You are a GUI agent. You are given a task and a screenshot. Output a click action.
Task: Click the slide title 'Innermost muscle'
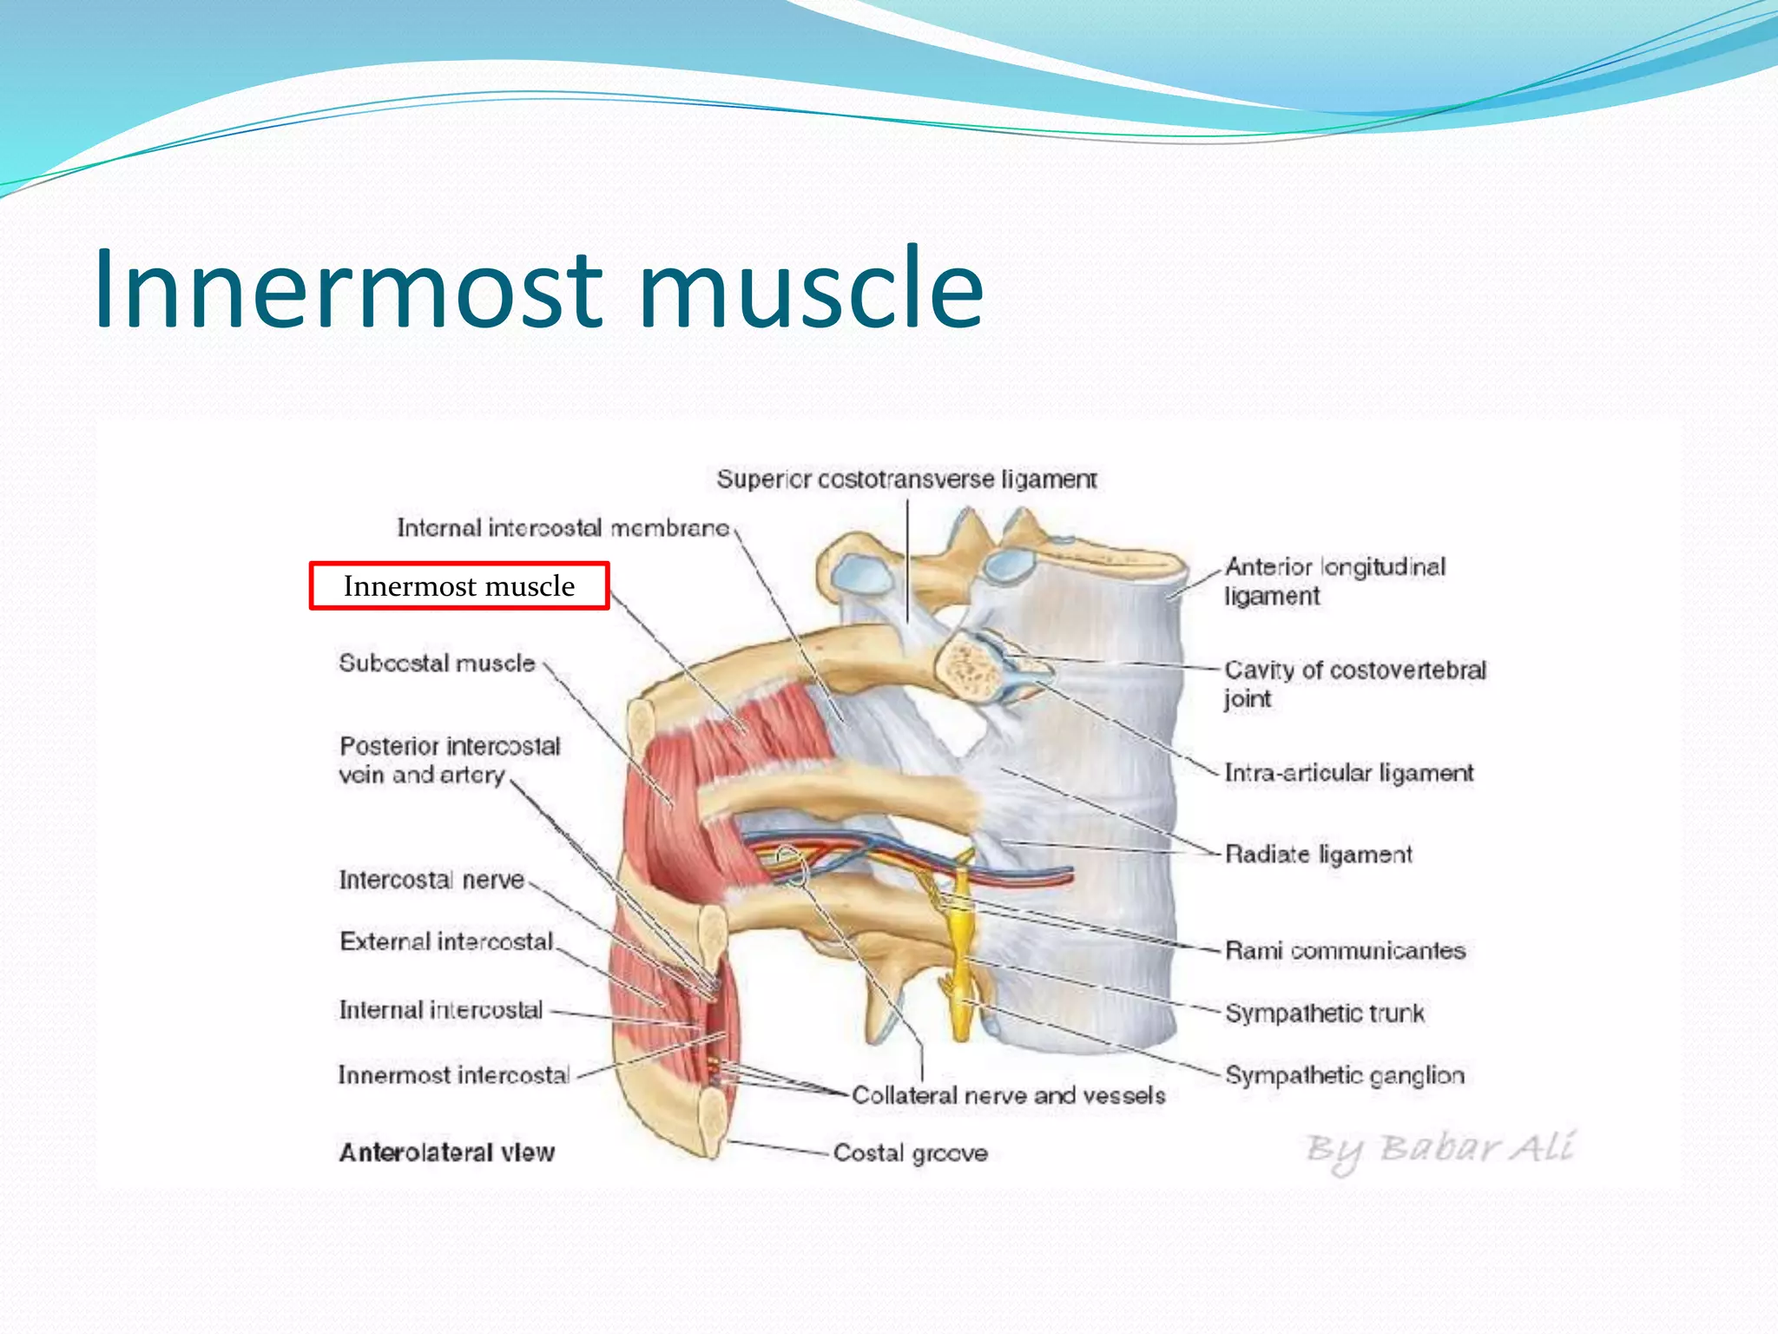click(x=538, y=289)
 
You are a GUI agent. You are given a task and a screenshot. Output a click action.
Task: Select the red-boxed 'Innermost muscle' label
click(x=459, y=586)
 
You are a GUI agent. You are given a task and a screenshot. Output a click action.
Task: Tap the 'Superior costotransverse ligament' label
click(x=906, y=479)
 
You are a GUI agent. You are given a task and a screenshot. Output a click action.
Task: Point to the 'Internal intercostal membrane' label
click(x=563, y=528)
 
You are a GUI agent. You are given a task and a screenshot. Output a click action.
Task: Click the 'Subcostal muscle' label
click(x=437, y=664)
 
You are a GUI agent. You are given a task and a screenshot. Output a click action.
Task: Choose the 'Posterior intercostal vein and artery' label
click(x=449, y=760)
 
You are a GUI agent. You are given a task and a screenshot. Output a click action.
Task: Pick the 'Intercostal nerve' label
click(x=431, y=881)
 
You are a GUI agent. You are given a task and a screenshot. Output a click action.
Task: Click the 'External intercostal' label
click(x=446, y=942)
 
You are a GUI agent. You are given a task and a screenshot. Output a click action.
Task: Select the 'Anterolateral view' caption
click(x=446, y=1153)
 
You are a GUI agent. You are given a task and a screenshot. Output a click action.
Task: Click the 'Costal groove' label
click(x=910, y=1153)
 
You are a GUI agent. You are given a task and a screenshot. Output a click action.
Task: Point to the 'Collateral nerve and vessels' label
click(x=1008, y=1096)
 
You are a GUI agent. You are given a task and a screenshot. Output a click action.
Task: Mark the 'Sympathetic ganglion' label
click(x=1345, y=1076)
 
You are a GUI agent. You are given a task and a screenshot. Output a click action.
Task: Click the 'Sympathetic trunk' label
click(x=1325, y=1014)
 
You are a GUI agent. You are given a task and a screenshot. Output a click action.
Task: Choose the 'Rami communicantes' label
click(x=1345, y=951)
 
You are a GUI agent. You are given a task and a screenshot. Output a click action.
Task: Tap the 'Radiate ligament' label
click(x=1319, y=855)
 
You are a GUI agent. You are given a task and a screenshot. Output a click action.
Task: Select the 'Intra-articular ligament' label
click(x=1349, y=773)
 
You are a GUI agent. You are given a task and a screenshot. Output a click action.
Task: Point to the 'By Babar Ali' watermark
click(x=1439, y=1150)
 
